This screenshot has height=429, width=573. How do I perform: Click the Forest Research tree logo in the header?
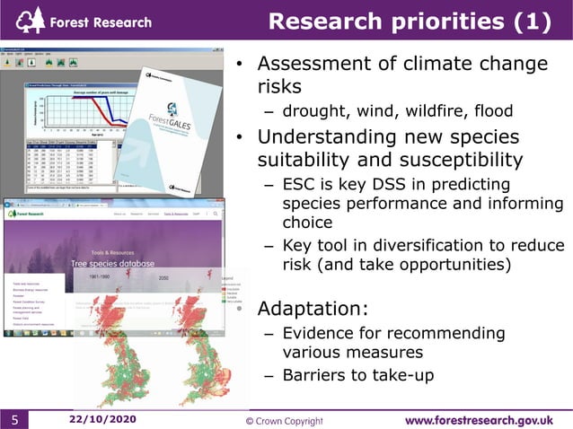(31, 19)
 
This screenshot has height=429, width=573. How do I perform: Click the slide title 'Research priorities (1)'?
(410, 21)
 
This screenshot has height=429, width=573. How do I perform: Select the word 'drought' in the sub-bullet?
(313, 111)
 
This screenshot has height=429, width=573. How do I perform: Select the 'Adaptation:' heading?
(313, 309)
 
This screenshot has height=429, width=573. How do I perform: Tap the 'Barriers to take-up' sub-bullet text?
(358, 375)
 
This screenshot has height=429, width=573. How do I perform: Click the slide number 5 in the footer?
(15, 420)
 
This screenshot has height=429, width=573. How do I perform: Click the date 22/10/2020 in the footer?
(102, 419)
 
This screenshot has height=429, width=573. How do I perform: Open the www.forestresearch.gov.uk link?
(478, 419)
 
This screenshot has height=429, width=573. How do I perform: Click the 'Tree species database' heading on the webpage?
(113, 263)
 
